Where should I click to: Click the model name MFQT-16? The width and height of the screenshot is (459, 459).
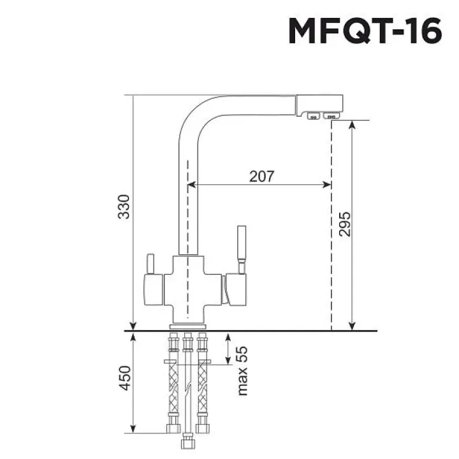[x=365, y=31]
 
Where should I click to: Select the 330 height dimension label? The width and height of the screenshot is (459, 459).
[x=124, y=207]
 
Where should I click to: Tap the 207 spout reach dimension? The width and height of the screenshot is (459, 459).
[x=262, y=176]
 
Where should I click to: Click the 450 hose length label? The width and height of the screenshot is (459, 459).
[x=124, y=378]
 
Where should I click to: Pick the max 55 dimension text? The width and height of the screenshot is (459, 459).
[x=242, y=371]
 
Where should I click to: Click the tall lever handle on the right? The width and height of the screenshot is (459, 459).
[x=242, y=250]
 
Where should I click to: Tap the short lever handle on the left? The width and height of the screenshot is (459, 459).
[x=150, y=264]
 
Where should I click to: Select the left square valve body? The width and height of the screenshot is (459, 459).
[x=154, y=290]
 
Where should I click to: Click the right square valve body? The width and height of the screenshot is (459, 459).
[x=236, y=290]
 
